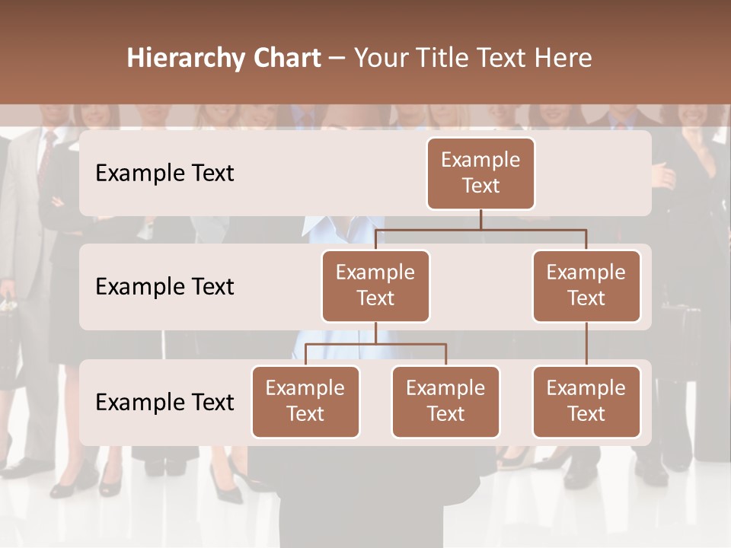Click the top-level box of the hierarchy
click(x=480, y=173)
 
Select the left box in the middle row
click(x=375, y=285)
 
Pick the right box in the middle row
click(x=586, y=285)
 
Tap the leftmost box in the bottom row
click(x=305, y=401)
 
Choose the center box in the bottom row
click(x=445, y=401)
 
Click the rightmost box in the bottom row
click(x=586, y=401)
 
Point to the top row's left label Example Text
click(x=164, y=174)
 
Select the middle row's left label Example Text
click(x=164, y=287)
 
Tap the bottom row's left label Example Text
click(x=164, y=402)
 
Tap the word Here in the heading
click(x=564, y=59)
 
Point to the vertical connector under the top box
click(x=480, y=219)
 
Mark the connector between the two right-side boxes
click(x=586, y=344)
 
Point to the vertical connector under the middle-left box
click(x=375, y=333)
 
